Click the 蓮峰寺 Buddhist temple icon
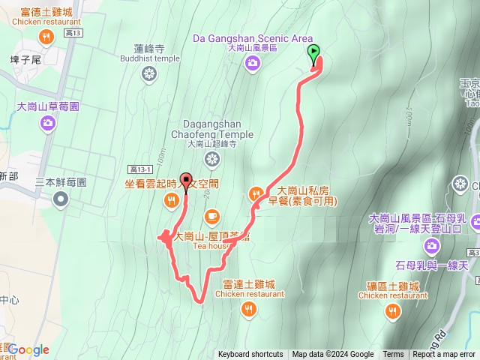tap(149, 74)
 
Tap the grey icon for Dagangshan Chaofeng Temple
tap(212, 159)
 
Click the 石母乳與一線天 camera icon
tap(431, 246)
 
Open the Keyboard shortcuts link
tap(250, 355)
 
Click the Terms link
tap(393, 355)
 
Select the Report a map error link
tap(445, 355)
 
